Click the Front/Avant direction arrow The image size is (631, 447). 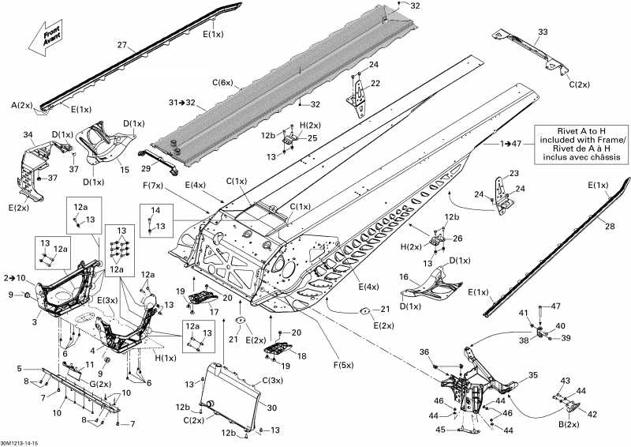46,38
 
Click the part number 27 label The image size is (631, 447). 122,45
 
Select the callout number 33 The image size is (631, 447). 543,32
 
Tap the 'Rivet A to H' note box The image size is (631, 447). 581,145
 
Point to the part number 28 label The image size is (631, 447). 610,226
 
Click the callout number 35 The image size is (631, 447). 533,375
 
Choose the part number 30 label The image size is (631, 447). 272,408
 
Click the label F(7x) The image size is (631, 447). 153,186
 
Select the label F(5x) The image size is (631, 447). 343,365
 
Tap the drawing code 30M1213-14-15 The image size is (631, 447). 19,443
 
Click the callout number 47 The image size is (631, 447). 555,306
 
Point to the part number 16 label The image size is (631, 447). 404,277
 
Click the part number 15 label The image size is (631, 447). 125,170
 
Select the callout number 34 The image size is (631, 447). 28,134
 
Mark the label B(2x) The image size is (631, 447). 569,424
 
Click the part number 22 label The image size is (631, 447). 375,83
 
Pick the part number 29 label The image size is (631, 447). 146,167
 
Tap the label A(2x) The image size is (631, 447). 21,106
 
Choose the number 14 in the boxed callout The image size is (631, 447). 155,210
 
